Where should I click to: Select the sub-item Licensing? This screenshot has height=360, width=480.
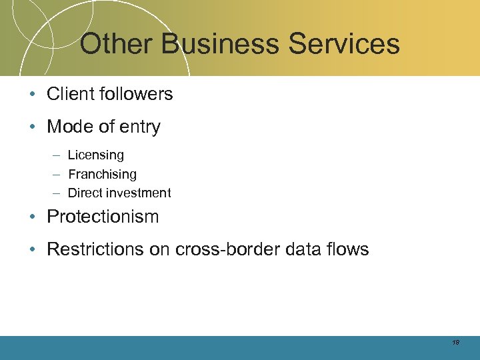[96, 155]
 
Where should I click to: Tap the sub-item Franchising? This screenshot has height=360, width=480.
[102, 174]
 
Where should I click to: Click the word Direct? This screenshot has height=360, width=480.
[85, 193]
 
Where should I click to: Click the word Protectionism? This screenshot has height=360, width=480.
[103, 217]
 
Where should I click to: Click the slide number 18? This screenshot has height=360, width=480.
[455, 342]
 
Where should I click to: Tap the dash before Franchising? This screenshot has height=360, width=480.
[55, 174]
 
